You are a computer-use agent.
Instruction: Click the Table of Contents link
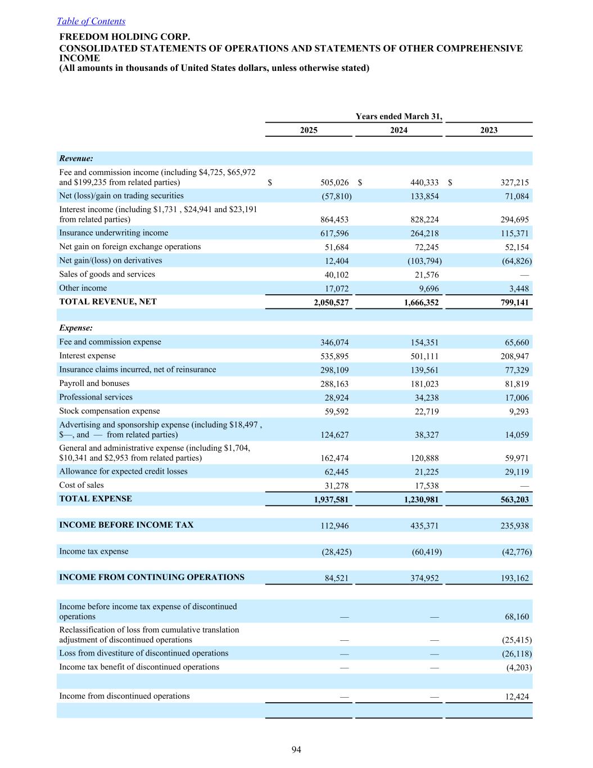point(91,21)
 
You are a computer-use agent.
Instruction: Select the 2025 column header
point(309,130)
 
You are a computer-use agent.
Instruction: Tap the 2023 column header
point(488,130)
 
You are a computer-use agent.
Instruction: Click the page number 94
point(296,749)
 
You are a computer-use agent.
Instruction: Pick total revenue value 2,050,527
point(331,303)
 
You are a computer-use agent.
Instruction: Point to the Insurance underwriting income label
point(114,233)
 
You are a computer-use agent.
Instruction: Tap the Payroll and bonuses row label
point(94,383)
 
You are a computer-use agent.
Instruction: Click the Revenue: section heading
point(76,159)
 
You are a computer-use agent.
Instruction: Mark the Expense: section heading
point(76,328)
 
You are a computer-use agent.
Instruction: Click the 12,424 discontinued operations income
point(517,697)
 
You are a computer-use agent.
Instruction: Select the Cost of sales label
point(82,485)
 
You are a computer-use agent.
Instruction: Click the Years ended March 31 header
point(399,116)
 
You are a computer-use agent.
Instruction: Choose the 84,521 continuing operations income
point(337,578)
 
